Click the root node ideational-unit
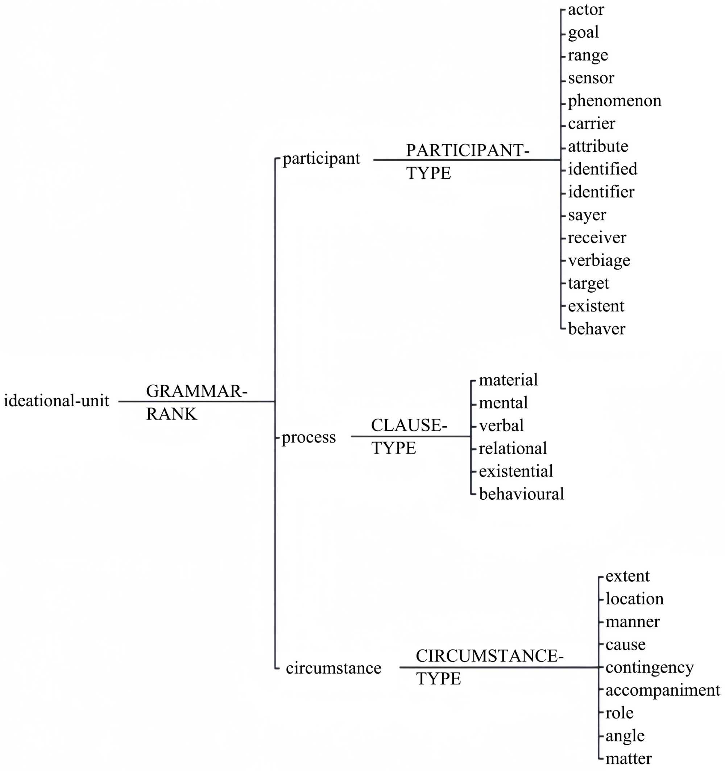[x=57, y=401]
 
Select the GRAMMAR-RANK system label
[x=196, y=402]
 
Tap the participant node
[x=321, y=159]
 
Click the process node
[x=308, y=437]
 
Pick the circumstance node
[x=333, y=668]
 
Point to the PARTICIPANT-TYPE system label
[x=467, y=162]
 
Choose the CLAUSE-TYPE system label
[x=409, y=436]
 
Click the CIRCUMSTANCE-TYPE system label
[x=489, y=667]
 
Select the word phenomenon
[x=614, y=101]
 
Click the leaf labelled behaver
[x=597, y=329]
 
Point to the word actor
[x=586, y=10]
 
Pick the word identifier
[x=601, y=192]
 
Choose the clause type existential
[x=515, y=471]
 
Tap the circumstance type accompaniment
[x=663, y=690]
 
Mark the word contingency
[x=649, y=667]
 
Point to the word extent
[x=627, y=576]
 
